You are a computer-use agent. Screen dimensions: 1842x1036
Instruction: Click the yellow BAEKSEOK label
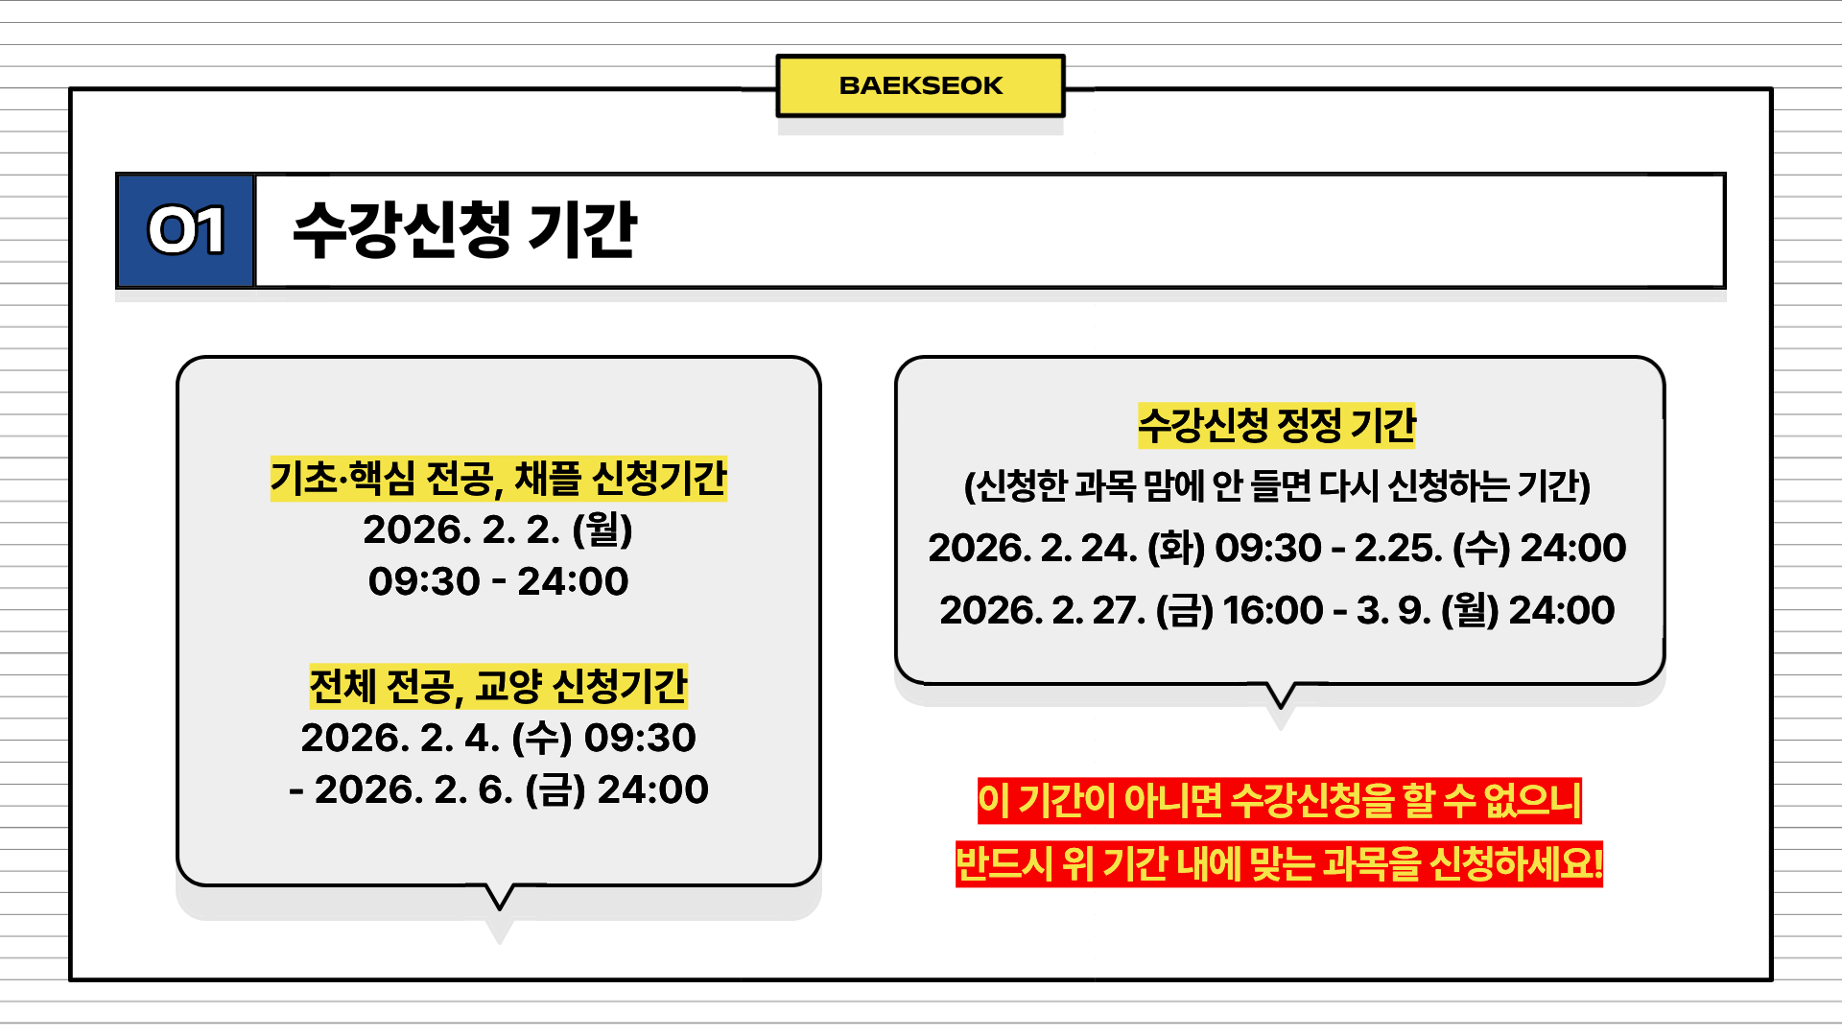click(x=920, y=85)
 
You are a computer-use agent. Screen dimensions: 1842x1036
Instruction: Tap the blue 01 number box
click(x=185, y=230)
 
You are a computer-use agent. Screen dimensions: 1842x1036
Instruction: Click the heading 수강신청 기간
click(x=464, y=230)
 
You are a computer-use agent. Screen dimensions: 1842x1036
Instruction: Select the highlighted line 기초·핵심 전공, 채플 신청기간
click(x=498, y=479)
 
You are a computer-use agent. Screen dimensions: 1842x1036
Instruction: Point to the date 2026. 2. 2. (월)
click(x=498, y=530)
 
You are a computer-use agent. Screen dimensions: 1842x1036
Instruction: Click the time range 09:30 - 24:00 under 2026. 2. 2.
click(x=498, y=581)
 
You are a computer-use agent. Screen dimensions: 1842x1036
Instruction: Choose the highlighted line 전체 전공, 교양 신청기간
click(x=498, y=686)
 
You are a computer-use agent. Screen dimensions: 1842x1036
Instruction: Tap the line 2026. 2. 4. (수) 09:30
click(x=498, y=738)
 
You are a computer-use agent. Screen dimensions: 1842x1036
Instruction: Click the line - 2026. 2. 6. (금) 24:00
click(x=498, y=789)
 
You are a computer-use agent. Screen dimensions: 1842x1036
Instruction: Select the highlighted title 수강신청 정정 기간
click(x=1276, y=425)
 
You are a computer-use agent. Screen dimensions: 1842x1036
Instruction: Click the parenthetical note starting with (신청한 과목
click(x=1277, y=485)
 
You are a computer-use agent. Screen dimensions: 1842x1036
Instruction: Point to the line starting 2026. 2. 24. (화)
click(x=1277, y=548)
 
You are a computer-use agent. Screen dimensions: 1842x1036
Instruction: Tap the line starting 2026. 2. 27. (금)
click(x=1277, y=610)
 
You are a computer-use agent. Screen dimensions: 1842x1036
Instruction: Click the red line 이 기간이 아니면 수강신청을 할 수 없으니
click(x=1279, y=801)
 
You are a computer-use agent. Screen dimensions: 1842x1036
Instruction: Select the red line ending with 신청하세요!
click(x=1279, y=864)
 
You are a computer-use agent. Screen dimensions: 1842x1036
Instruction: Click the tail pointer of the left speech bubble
click(x=500, y=897)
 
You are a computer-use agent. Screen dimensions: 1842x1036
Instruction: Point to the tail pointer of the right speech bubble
click(x=1281, y=695)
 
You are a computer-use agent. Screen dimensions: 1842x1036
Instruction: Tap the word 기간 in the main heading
click(x=582, y=230)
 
